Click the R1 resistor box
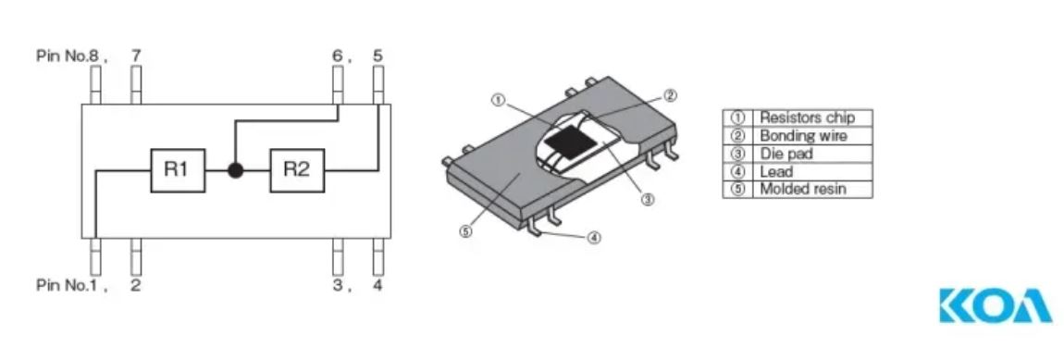177,169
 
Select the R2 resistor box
297,169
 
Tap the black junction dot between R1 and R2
235,169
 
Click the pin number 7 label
136,55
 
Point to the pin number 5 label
378,55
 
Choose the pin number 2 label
136,285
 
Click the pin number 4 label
377,285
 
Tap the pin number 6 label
338,55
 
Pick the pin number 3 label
338,285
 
